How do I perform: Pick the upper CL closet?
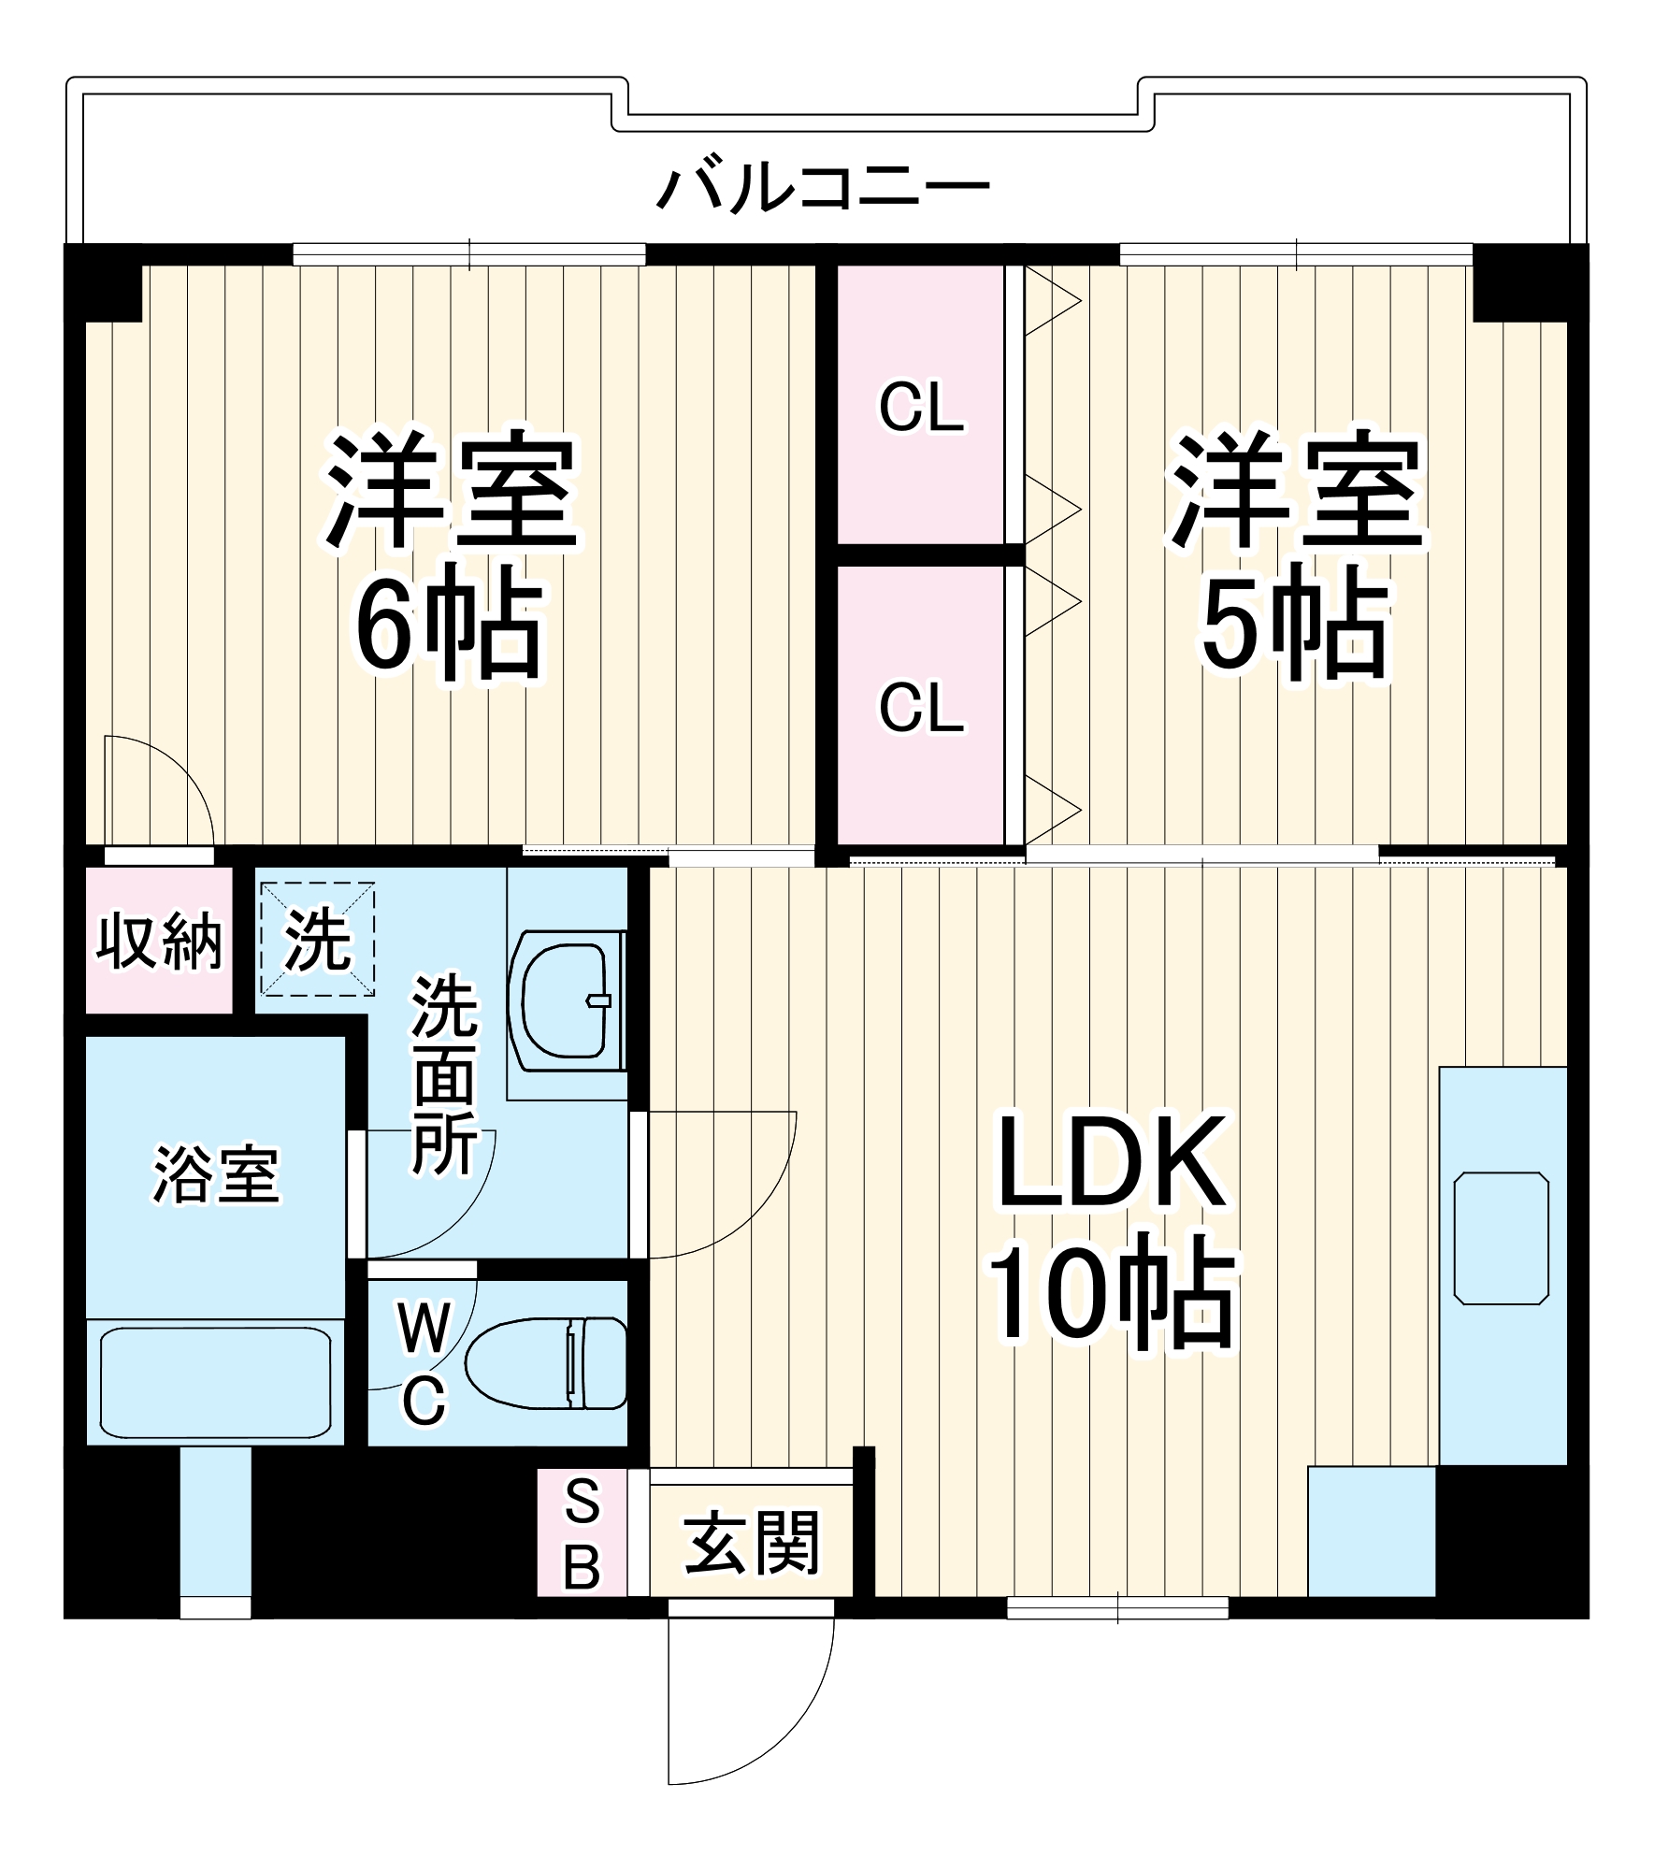(921, 408)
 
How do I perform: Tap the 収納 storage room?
(159, 941)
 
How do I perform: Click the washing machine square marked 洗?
(317, 939)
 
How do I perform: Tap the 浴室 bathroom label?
(216, 1174)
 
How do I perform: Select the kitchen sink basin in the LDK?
(1501, 1237)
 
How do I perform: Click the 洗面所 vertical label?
(444, 1075)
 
